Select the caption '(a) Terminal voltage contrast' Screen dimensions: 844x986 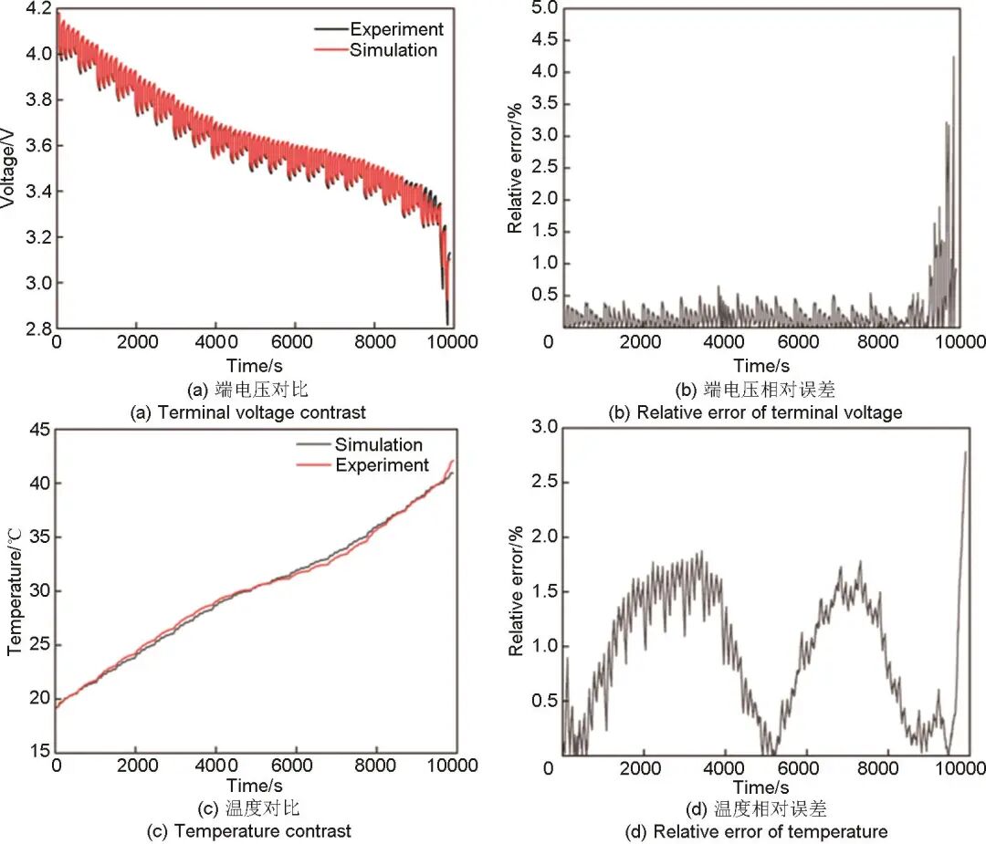[x=248, y=412]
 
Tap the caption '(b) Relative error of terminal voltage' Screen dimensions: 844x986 [x=755, y=412]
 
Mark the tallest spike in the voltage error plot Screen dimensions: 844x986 [x=954, y=57]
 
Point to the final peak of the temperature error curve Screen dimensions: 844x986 [x=966, y=452]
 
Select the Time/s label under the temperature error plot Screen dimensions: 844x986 [x=760, y=787]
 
